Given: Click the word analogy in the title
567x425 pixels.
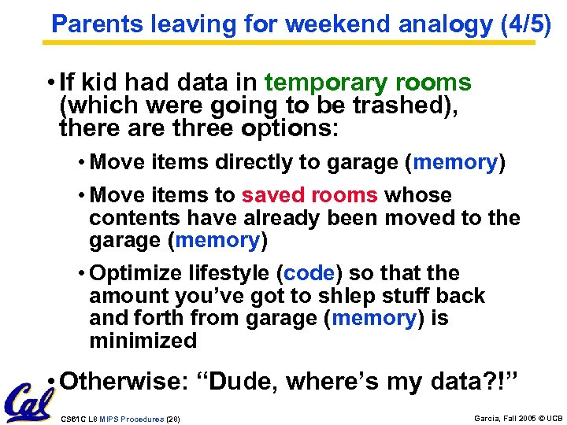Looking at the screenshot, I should (x=445, y=24).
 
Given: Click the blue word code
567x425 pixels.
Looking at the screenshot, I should (x=309, y=273).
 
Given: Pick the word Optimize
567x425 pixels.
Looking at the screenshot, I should (x=139, y=273).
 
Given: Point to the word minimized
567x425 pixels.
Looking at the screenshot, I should (x=143, y=341).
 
